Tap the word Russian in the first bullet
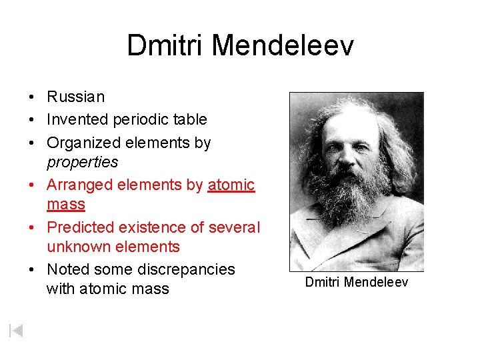[75, 97]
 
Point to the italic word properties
[82, 162]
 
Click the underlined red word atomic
[231, 185]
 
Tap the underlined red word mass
[65, 204]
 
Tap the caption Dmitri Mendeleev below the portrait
[356, 283]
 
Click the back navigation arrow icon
[17, 330]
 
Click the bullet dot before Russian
[32, 97]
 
